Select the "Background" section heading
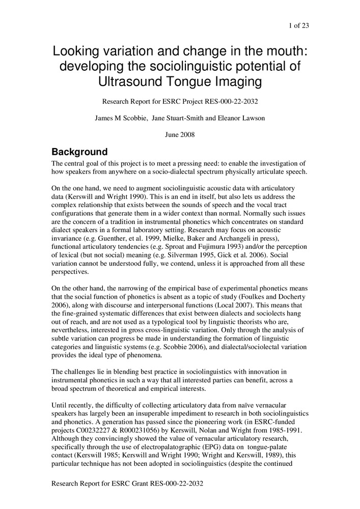79,152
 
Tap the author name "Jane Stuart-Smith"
178,118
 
